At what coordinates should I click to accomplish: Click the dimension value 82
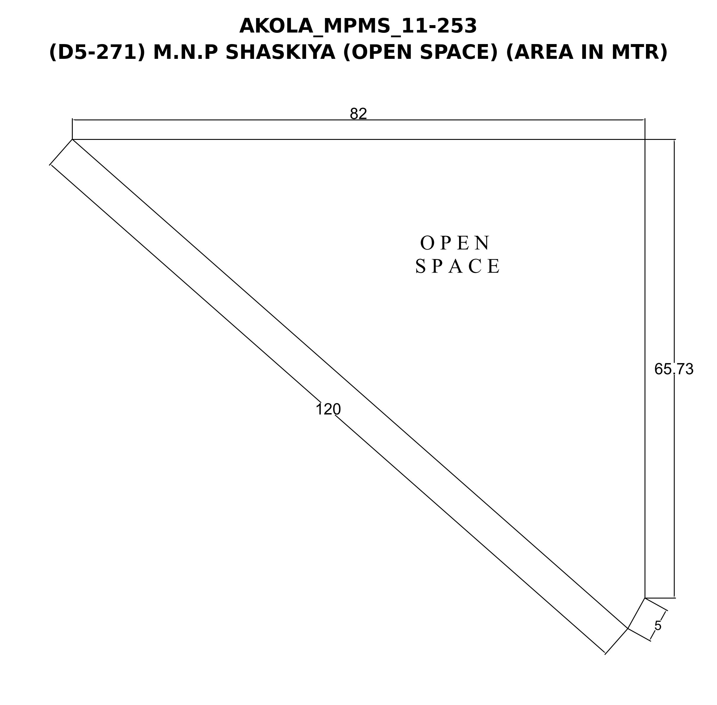click(358, 114)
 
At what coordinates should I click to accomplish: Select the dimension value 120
click(328, 410)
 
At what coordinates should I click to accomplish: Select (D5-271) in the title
click(97, 52)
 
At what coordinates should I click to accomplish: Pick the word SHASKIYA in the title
click(280, 52)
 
